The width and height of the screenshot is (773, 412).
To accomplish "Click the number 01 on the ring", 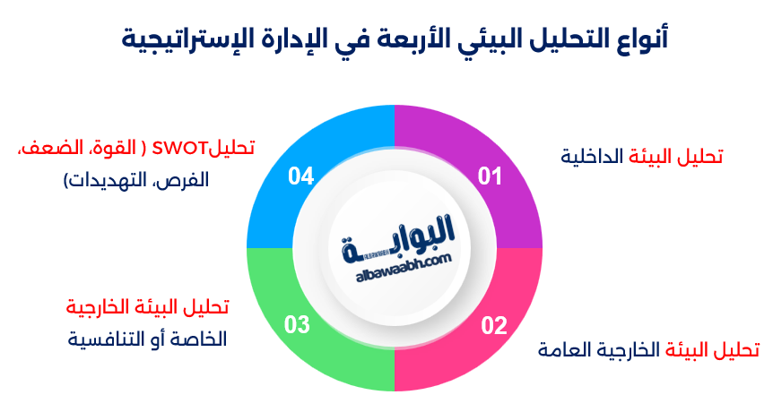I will click(x=490, y=176).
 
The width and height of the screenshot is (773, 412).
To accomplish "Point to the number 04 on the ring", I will click(x=300, y=176).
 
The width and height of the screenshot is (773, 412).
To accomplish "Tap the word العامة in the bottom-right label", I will click(x=566, y=348).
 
